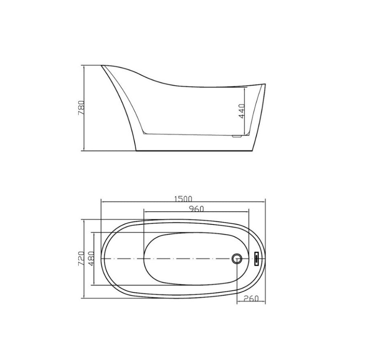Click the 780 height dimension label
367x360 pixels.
[81, 108]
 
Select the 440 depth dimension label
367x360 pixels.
[242, 111]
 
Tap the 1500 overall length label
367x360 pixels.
[183, 199]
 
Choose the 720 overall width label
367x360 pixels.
[81, 258]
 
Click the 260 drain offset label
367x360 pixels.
[251, 299]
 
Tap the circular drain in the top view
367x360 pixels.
[237, 258]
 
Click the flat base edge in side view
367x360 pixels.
[193, 151]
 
